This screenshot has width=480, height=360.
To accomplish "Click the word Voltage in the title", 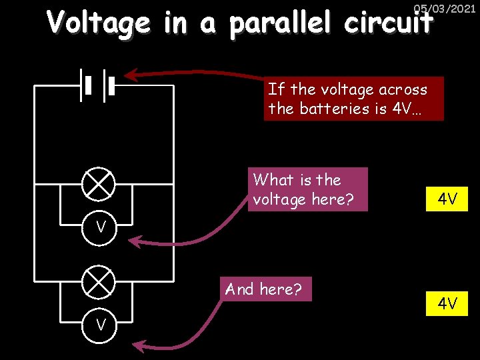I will (x=98, y=23).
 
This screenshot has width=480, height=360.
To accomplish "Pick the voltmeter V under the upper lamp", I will (x=101, y=227).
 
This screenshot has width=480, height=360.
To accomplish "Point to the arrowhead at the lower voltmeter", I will (x=139, y=345).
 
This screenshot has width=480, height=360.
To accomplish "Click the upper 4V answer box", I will (x=447, y=199).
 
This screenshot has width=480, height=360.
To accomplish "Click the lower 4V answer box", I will (x=447, y=304).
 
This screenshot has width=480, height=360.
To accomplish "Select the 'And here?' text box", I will (x=263, y=289).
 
